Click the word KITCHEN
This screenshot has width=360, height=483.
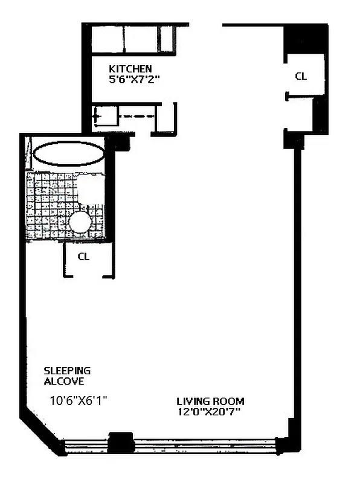pyautogui.click(x=130, y=69)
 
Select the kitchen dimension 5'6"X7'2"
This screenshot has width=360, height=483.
pyautogui.click(x=133, y=79)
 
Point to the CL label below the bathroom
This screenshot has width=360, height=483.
pyautogui.click(x=84, y=257)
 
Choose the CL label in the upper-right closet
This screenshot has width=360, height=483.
pyautogui.click(x=300, y=76)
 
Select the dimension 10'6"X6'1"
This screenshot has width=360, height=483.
pyautogui.click(x=79, y=400)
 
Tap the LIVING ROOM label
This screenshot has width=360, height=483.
pyautogui.click(x=210, y=401)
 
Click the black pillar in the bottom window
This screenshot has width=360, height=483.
pyautogui.click(x=121, y=442)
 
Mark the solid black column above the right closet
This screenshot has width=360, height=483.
pyautogui.click(x=307, y=40)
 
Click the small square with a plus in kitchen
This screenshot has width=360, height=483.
pyautogui.click(x=97, y=115)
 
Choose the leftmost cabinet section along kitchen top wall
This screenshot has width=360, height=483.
pyautogui.click(x=108, y=40)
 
